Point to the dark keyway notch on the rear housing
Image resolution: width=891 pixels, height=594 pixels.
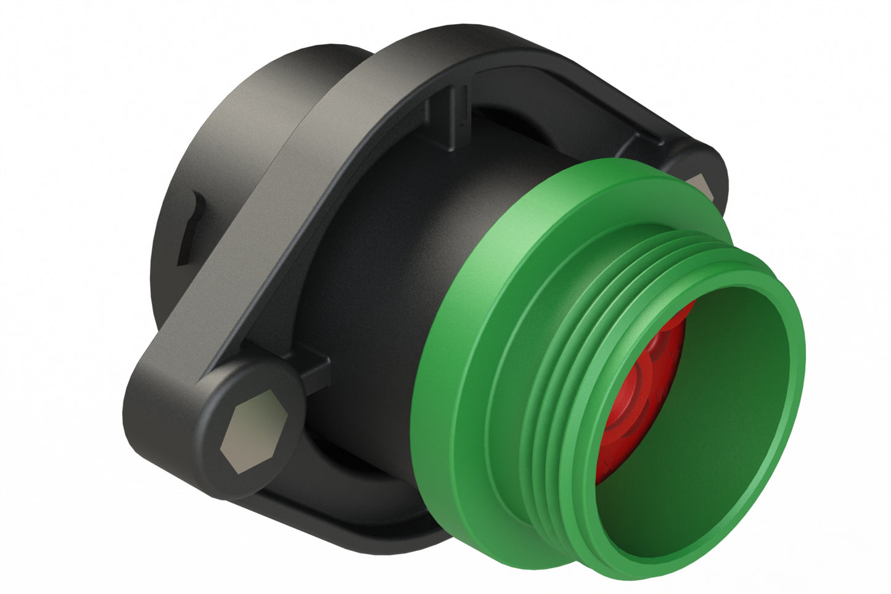[x=190, y=228]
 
